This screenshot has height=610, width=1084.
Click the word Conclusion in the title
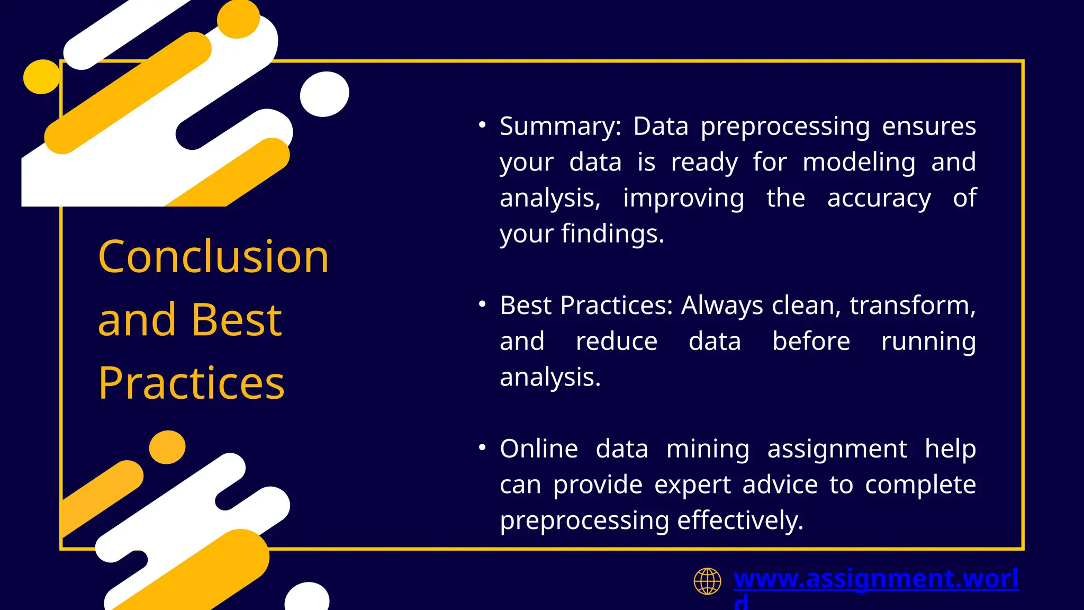[x=213, y=257]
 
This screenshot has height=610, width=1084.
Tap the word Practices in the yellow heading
[x=191, y=383]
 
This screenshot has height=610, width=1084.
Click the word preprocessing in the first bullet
[x=785, y=127]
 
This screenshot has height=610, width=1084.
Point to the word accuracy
[x=879, y=199]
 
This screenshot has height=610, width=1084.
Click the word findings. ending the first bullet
[x=612, y=234]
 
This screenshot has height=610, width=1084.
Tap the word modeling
[x=859, y=163]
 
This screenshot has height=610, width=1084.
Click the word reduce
[x=617, y=342]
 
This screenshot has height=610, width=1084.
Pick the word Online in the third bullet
[x=539, y=449]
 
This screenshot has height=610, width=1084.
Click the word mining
[x=708, y=449]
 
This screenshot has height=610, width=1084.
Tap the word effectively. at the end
[x=740, y=521]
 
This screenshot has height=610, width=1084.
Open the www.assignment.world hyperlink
[x=875, y=578]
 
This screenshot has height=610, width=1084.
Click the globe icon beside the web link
[x=707, y=581]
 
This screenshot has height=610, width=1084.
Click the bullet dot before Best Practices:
[x=482, y=304]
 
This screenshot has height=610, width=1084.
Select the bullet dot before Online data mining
[x=482, y=448]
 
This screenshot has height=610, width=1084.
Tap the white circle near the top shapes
[x=324, y=94]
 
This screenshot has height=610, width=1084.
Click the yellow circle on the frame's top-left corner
[x=41, y=77]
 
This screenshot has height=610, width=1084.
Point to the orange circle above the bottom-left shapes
[x=167, y=447]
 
